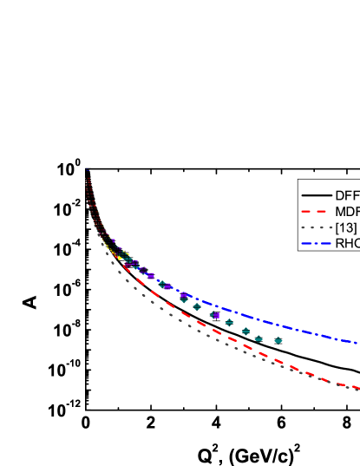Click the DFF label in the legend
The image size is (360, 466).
coord(347,195)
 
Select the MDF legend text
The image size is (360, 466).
coord(347,212)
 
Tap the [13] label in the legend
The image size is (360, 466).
coord(345,227)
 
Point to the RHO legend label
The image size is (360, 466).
coord(347,244)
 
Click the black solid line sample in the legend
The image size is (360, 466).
coord(316,195)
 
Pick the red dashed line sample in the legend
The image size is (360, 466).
coord(316,212)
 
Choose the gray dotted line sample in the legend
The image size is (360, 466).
coord(316,227)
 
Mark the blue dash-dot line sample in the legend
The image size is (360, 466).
coord(316,244)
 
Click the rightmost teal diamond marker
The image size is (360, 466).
coord(278,341)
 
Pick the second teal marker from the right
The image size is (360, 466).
coord(259,338)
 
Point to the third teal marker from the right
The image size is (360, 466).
coord(245,331)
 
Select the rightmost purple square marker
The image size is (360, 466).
coord(216,315)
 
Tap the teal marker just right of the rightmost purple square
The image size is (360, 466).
coord(229,322)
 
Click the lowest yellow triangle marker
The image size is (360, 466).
coord(121,259)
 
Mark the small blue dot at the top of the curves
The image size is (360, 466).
coord(87,170)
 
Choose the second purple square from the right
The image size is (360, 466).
coord(184,296)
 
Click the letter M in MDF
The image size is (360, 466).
coord(340,212)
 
